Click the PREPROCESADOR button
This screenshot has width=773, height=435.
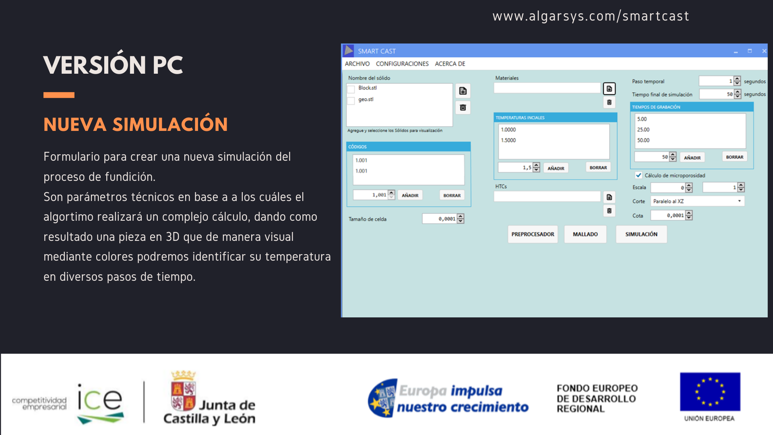533,234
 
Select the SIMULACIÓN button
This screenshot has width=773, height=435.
641,234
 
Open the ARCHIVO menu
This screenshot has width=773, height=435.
357,64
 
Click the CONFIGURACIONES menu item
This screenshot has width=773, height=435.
402,64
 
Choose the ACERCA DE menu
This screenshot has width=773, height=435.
450,64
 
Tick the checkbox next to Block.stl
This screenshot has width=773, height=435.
351,89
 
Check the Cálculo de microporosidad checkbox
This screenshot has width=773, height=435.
639,175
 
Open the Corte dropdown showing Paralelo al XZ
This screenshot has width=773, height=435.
697,201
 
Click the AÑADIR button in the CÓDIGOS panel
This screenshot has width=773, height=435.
410,195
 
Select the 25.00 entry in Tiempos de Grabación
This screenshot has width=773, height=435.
643,130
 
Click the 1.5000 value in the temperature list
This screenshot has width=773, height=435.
508,140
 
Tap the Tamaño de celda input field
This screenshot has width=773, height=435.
440,219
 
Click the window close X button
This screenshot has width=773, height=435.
764,51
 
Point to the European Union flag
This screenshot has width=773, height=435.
710,391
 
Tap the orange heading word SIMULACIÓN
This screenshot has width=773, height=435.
170,124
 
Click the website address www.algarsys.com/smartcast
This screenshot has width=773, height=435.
591,16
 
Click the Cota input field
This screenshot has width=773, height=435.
668,215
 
